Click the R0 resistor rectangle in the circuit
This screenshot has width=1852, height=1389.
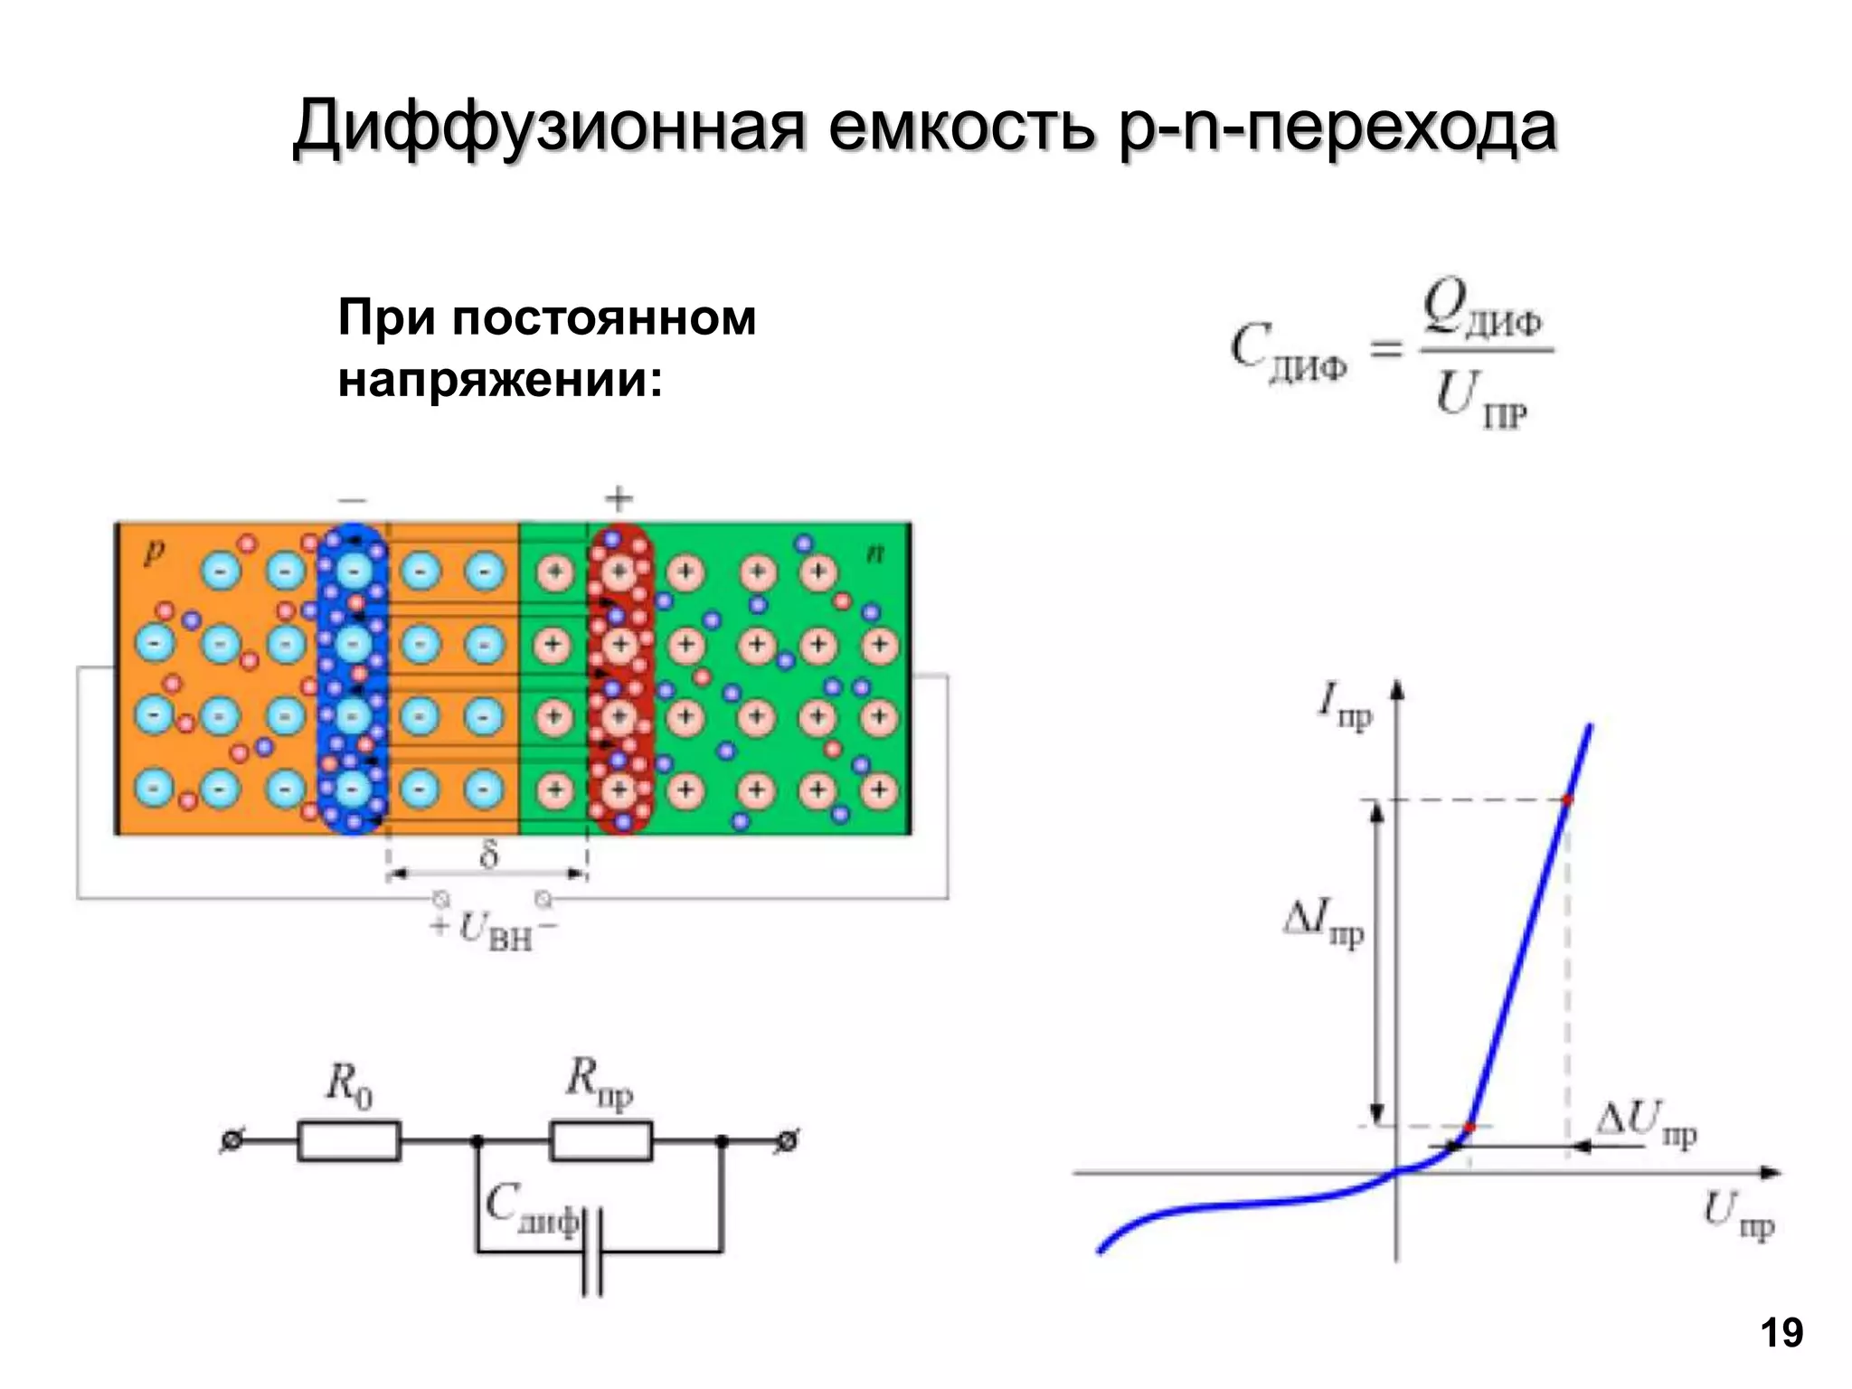(349, 1141)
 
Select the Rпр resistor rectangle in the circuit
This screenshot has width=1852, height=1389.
(600, 1141)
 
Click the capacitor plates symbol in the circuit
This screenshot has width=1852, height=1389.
(592, 1252)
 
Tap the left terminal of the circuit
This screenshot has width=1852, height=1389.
(230, 1142)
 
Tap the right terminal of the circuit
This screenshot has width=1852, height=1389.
(789, 1142)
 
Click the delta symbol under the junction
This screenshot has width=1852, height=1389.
(488, 853)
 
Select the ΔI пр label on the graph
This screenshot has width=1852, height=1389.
(1323, 924)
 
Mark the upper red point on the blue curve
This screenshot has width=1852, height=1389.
(1567, 799)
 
